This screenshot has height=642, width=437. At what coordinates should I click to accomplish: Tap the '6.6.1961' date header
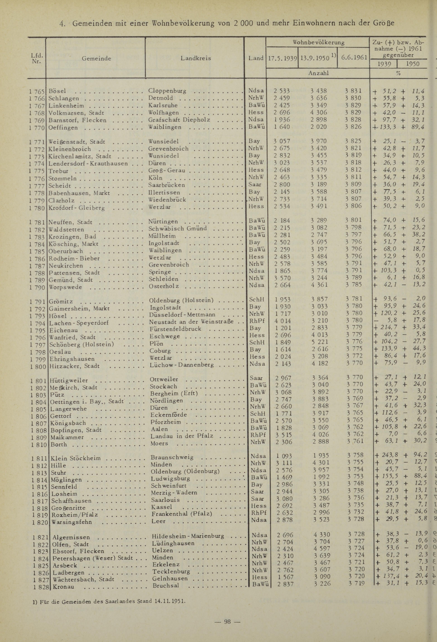coord(354,58)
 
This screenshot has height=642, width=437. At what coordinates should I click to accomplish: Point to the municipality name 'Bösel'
coord(57,91)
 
